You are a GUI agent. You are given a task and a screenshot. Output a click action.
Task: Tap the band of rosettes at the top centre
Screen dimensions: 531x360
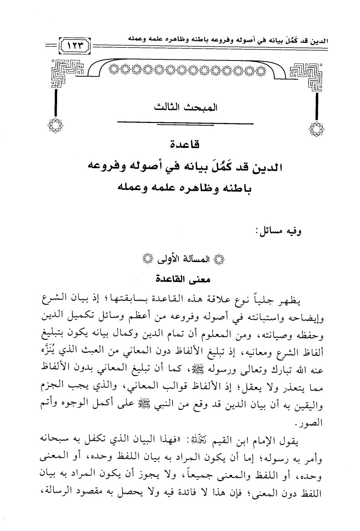(187, 70)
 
